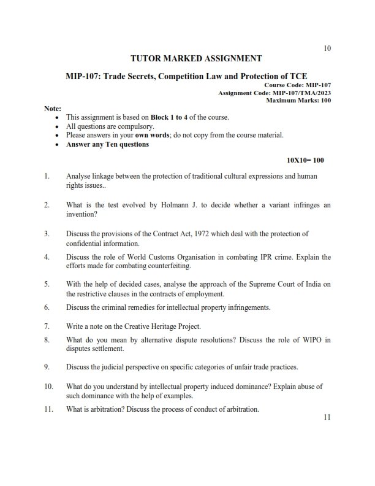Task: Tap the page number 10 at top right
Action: pyautogui.click(x=327, y=48)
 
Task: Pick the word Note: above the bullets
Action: pyautogui.click(x=53, y=108)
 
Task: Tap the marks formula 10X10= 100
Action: pyautogui.click(x=305, y=160)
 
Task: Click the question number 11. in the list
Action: pyautogui.click(x=49, y=409)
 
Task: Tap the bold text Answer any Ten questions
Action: pyautogui.click(x=107, y=145)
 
